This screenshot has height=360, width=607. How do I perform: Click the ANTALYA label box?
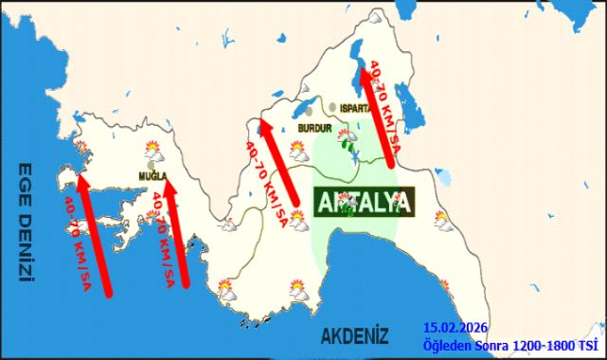(x=365, y=202)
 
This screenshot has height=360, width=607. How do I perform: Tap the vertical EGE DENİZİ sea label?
(x=26, y=223)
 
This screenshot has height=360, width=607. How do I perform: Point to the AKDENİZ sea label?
(x=355, y=335)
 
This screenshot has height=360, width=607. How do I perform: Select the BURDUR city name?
(x=312, y=127)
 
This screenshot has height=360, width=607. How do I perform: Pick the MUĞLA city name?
(x=152, y=177)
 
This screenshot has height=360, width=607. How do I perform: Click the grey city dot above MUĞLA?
(x=152, y=165)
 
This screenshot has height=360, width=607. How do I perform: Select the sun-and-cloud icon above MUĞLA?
(x=152, y=149)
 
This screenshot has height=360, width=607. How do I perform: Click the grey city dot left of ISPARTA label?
(x=336, y=107)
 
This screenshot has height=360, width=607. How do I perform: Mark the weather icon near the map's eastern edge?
(x=442, y=220)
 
